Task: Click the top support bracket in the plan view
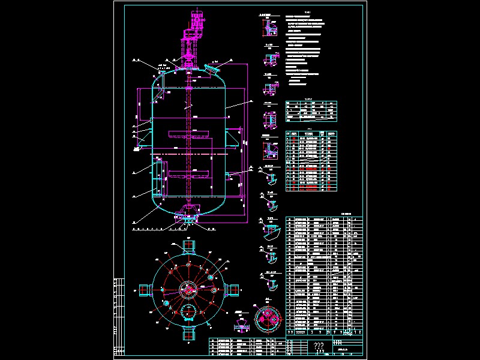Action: [188, 246]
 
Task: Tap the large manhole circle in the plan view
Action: [188, 311]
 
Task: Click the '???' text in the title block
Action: [319, 347]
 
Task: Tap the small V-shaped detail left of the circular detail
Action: [241, 324]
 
